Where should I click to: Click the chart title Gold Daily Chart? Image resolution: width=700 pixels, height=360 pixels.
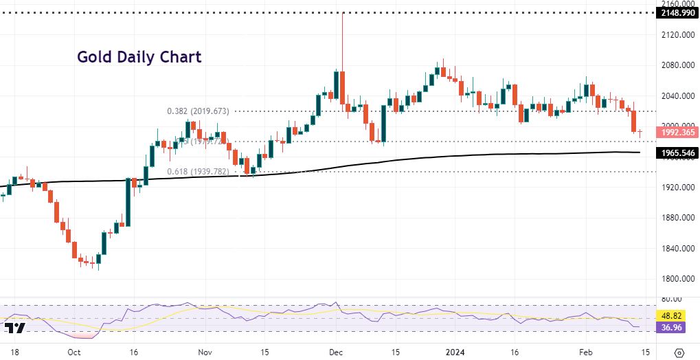(139, 57)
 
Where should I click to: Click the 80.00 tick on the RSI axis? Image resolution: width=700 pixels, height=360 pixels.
(670, 299)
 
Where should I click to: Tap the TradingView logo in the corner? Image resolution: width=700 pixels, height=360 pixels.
(19, 328)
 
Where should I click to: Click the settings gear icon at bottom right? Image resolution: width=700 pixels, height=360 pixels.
(680, 351)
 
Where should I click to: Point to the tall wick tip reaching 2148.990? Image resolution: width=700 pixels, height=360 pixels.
(341, 14)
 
